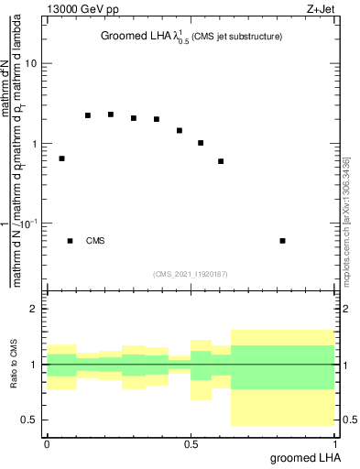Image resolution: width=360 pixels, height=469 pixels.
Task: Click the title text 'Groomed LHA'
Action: pyautogui.click(x=129, y=37)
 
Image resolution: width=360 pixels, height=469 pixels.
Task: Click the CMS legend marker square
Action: pyautogui.click(x=70, y=241)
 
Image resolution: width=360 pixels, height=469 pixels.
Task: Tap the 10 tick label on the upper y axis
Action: pyautogui.click(x=31, y=64)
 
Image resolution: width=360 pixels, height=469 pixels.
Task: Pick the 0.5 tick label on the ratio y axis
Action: pyautogui.click(x=29, y=420)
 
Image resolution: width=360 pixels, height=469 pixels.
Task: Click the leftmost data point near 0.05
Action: pyautogui.click(x=61, y=158)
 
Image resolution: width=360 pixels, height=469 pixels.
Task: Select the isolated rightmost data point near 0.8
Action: pyautogui.click(x=282, y=241)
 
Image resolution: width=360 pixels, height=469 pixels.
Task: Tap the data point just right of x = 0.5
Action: pyautogui.click(x=201, y=143)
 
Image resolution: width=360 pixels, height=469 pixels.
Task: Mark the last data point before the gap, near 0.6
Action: pyautogui.click(x=221, y=161)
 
